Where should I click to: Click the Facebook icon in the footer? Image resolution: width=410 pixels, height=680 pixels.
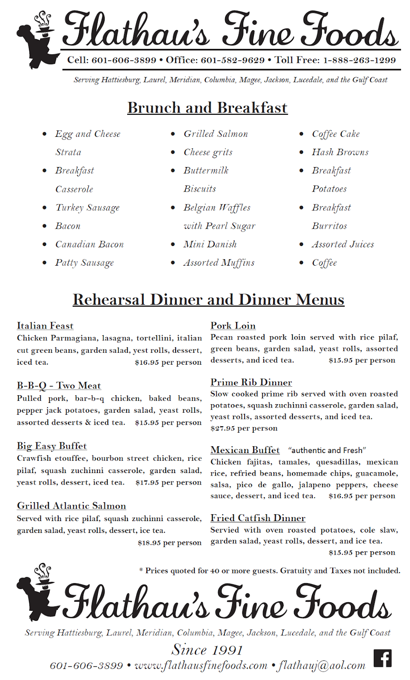[x=382, y=658]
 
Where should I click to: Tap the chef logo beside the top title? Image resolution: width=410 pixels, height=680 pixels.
[x=38, y=40]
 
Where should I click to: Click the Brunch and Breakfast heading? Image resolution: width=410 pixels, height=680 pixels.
[x=207, y=108]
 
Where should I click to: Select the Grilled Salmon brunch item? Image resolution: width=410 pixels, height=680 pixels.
[x=216, y=134]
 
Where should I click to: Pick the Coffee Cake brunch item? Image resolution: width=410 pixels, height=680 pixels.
[x=336, y=134]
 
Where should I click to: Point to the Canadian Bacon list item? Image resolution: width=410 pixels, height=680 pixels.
[x=89, y=244]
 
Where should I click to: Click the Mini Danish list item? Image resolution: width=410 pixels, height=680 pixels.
[x=210, y=244]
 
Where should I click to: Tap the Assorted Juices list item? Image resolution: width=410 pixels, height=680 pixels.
[x=343, y=244]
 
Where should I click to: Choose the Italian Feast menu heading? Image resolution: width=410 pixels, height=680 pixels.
[x=45, y=326]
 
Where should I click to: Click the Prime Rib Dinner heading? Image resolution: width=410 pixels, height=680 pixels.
[x=251, y=382]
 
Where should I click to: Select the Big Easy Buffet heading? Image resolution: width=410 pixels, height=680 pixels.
[x=52, y=446]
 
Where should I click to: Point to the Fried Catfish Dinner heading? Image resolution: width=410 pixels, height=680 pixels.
[x=258, y=518]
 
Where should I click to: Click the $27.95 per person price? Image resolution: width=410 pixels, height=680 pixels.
[x=244, y=428]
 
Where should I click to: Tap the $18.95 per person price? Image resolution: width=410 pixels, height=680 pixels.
[x=169, y=543]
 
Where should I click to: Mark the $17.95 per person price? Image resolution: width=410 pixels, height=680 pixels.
[x=168, y=482]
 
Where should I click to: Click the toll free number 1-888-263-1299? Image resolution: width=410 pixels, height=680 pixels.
[x=359, y=60]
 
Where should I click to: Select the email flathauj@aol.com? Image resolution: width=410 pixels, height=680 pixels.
[x=322, y=666]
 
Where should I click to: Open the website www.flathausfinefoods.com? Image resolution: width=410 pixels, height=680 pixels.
[x=201, y=666]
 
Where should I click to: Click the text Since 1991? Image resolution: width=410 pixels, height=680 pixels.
[x=207, y=650]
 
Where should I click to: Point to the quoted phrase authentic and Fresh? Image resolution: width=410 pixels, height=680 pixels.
[x=327, y=450]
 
